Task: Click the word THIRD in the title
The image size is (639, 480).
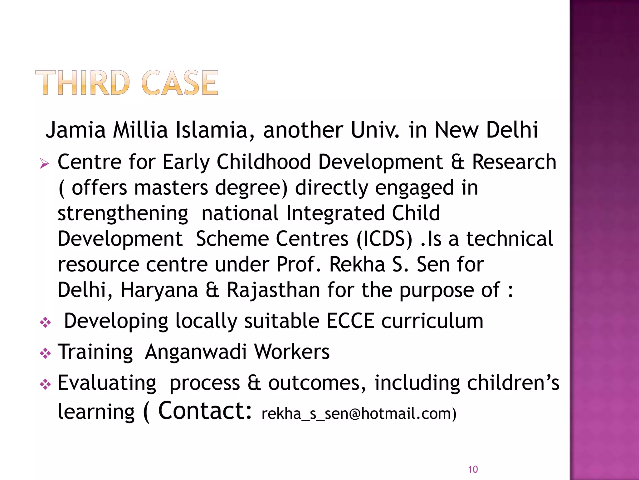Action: pos(82,83)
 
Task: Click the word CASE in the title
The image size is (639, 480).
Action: pos(180,83)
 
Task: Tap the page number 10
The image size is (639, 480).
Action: pos(473,469)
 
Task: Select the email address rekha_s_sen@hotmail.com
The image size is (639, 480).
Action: pos(359,413)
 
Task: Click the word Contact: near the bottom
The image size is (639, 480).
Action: pos(205,411)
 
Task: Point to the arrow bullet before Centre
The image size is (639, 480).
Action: pos(45,163)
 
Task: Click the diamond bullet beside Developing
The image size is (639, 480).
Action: pos(46,322)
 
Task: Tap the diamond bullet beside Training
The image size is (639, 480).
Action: pos(46,353)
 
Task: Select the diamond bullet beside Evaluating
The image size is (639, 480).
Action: pos(46,384)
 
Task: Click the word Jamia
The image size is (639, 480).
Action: pos(76,130)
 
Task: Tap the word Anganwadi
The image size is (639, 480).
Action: pos(196,352)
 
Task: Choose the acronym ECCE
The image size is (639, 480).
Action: pos(350,321)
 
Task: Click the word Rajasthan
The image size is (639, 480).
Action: pos(273,290)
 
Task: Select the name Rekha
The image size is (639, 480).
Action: pos(357,264)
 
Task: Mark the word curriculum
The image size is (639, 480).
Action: pos(432,321)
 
